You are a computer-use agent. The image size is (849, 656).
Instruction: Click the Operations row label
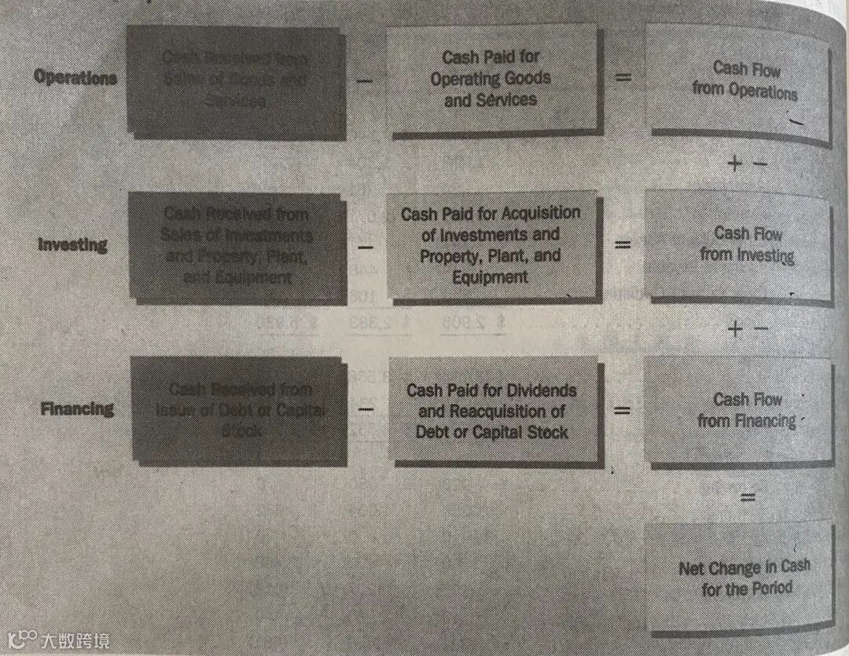point(75,78)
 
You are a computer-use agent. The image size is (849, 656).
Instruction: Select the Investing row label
point(73,244)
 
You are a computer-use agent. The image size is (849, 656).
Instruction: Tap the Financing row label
point(76,409)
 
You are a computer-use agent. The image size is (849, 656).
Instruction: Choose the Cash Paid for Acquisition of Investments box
point(491,245)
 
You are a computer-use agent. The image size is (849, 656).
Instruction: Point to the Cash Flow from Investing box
point(744,245)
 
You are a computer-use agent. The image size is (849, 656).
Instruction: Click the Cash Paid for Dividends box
point(491,411)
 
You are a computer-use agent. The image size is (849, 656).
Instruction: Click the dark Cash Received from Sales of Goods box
point(236,80)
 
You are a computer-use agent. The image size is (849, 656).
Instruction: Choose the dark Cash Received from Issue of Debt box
point(237,410)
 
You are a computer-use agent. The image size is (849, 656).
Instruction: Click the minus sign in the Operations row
point(366,79)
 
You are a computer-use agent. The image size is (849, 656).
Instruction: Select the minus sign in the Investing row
point(366,245)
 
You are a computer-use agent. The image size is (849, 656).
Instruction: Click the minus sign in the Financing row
point(366,409)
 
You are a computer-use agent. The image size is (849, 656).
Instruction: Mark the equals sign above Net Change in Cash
point(748,497)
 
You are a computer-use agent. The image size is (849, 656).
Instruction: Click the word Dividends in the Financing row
point(541,390)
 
